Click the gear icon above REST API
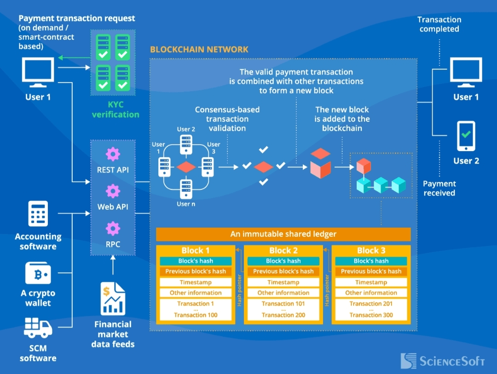(113, 154)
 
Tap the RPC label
(113, 244)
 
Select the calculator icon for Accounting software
(38, 214)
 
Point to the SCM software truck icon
(38, 327)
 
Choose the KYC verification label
(116, 109)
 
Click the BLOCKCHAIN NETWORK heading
(199, 49)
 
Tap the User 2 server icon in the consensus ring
(185, 144)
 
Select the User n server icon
(185, 188)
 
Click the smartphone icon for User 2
(466, 136)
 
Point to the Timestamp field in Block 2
(283, 282)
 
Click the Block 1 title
(196, 251)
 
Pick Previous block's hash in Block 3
(371, 271)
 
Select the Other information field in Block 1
(196, 292)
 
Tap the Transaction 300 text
(371, 315)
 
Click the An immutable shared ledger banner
(283, 234)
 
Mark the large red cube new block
(321, 163)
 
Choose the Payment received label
(439, 188)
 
